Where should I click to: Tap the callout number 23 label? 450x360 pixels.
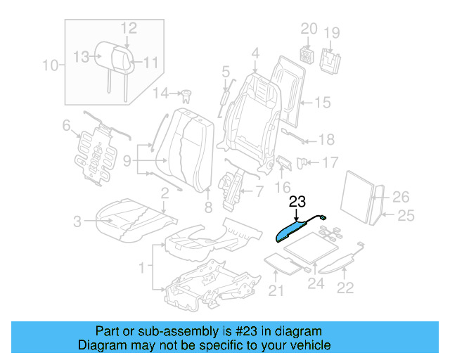pyautogui.click(x=297, y=202)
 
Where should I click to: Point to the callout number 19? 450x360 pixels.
pyautogui.click(x=331, y=32)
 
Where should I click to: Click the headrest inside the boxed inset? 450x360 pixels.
pyautogui.click(x=112, y=56)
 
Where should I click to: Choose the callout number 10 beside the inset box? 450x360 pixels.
pyautogui.click(x=50, y=66)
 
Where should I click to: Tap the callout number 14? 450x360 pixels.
pyautogui.click(x=162, y=93)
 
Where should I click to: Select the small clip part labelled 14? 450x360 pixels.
pyautogui.click(x=187, y=94)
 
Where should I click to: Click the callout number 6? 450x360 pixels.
pyautogui.click(x=67, y=126)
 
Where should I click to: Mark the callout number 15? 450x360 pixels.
pyautogui.click(x=321, y=103)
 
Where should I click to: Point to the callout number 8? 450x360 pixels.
pyautogui.click(x=208, y=207)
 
